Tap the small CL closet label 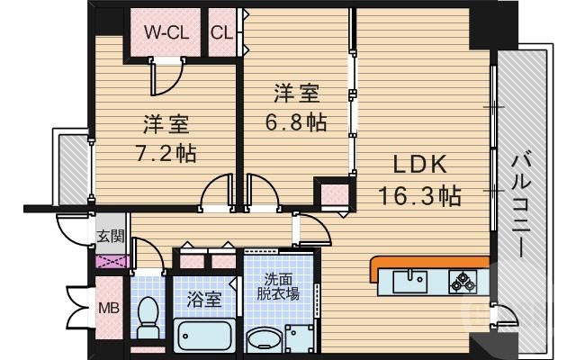pos(222,32)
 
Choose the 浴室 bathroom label pos(204,299)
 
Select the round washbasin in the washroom pos(265,340)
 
